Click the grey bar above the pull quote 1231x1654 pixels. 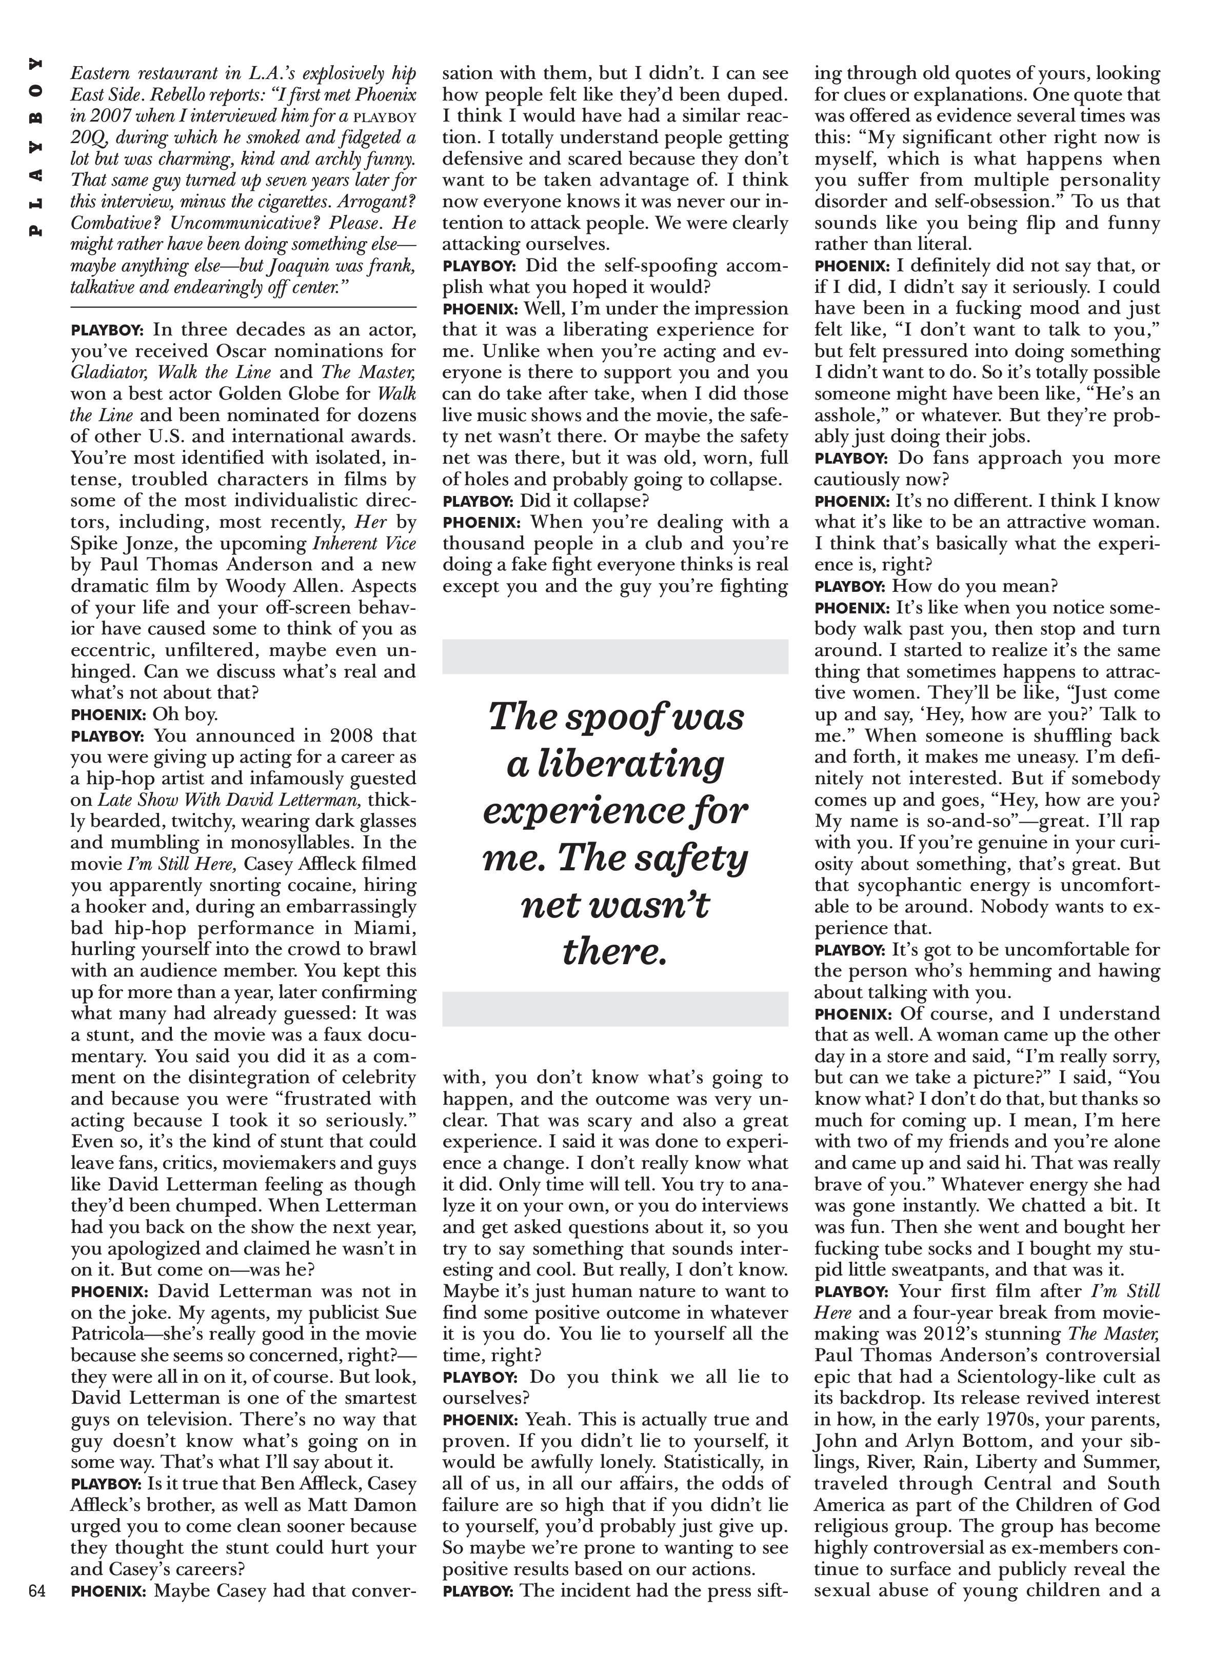(x=615, y=656)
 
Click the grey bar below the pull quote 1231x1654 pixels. (x=615, y=1009)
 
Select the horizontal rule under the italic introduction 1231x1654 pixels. (x=243, y=307)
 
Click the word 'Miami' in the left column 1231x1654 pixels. (x=380, y=928)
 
